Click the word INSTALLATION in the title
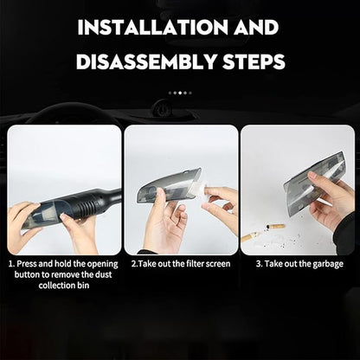[153, 28]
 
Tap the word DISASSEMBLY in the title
[147, 61]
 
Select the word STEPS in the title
[254, 61]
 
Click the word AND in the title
[256, 28]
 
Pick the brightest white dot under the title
[180, 93]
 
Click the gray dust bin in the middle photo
[168, 184]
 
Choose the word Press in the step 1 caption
[27, 264]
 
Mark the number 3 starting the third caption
[258, 264]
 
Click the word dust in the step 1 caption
[102, 274]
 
